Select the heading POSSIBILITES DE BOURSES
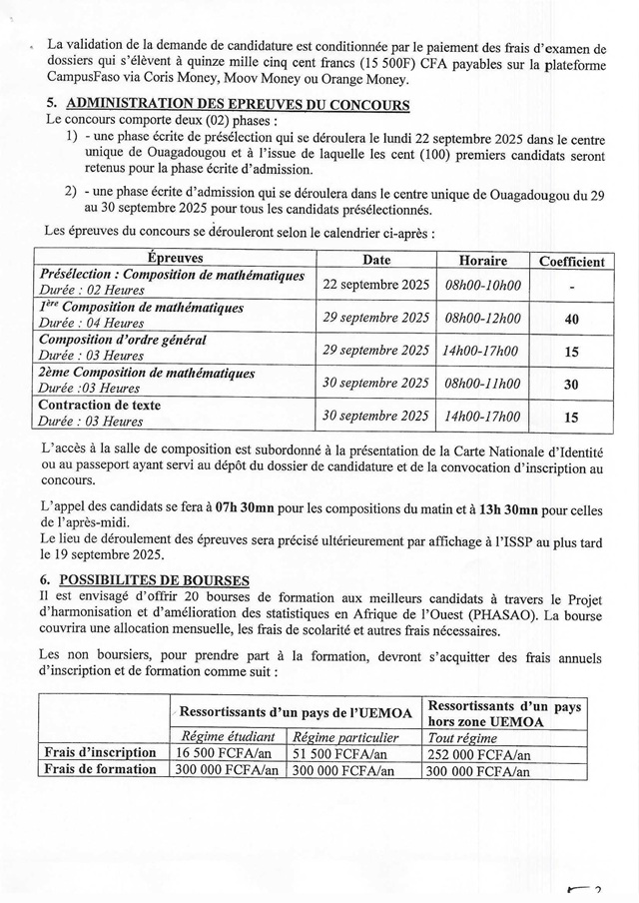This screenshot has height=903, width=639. [154, 579]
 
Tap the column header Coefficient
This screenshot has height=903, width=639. [571, 261]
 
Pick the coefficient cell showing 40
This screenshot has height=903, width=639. [571, 319]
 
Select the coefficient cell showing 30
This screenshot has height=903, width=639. [571, 384]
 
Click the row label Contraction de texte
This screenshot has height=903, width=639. [100, 406]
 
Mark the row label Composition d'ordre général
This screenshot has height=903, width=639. [123, 341]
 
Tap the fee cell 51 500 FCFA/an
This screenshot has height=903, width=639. [340, 751]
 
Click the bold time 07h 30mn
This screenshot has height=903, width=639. [244, 508]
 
